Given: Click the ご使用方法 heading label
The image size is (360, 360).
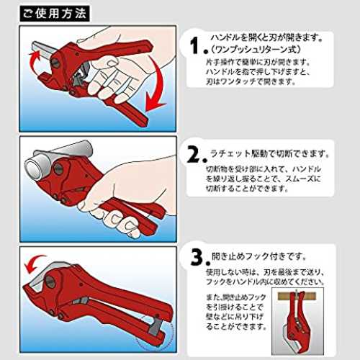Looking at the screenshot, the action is click(55, 14).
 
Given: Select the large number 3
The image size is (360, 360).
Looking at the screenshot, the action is click(198, 257).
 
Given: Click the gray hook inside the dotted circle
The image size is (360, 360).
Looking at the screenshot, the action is click(154, 326).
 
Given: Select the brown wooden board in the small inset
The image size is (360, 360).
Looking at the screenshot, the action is click(297, 296).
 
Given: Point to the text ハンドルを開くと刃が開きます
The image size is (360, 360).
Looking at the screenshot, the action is click(266, 37).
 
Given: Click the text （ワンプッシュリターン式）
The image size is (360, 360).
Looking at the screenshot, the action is click(256, 50).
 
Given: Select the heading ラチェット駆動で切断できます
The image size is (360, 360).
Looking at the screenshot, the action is click(270, 153).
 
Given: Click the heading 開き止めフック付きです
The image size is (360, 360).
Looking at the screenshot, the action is click(258, 256).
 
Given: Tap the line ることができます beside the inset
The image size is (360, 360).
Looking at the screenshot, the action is click(236, 326).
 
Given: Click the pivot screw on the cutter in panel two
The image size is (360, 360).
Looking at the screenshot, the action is click(58, 168).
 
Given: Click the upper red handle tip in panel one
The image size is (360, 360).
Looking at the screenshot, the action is click(148, 45).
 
